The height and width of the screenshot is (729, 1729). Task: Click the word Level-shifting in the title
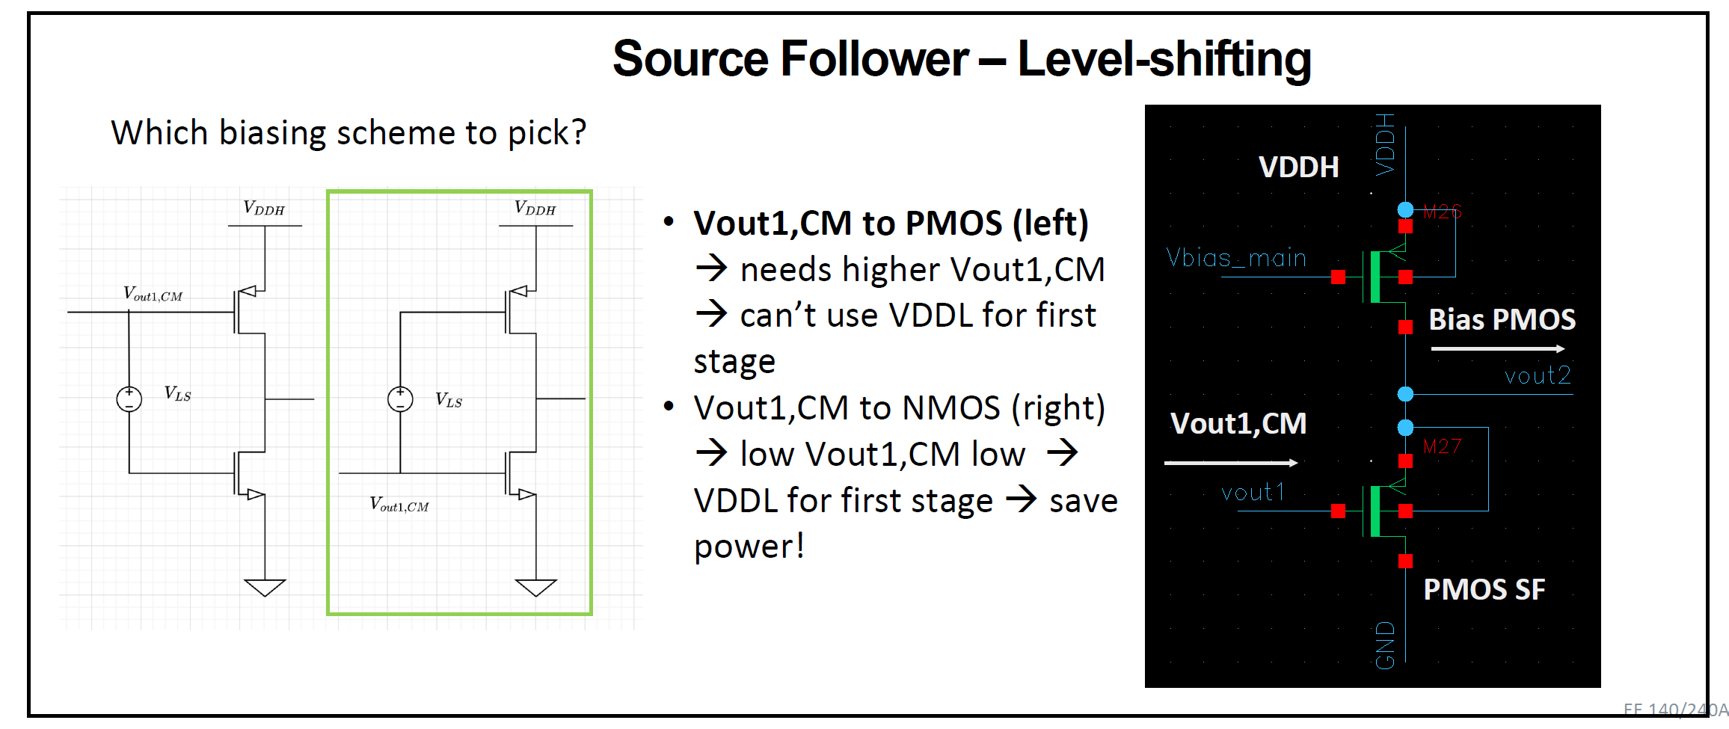pos(1164,60)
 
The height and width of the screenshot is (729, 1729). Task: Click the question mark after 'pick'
pos(577,132)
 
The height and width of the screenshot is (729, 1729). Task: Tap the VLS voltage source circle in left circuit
pos(129,399)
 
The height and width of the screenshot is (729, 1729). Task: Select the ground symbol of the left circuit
pos(265,587)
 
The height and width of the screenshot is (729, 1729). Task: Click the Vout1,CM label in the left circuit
pos(153,294)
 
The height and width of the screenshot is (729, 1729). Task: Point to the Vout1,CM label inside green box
pos(399,505)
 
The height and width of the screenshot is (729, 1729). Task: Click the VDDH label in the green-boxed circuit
pos(535,209)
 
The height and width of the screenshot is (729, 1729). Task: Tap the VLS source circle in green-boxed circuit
pos(400,399)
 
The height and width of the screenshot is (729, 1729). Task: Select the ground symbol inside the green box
pos(535,587)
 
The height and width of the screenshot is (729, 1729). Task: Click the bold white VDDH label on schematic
pos(1298,167)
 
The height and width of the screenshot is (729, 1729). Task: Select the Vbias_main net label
pos(1236,258)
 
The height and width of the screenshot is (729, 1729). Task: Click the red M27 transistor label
pos(1442,447)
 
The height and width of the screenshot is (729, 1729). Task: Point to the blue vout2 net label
pos(1538,375)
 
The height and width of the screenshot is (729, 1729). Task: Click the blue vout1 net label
pos(1253,493)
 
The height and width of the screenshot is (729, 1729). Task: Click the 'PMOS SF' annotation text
pos(1484,590)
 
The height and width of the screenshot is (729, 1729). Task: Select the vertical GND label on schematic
pos(1385,645)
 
